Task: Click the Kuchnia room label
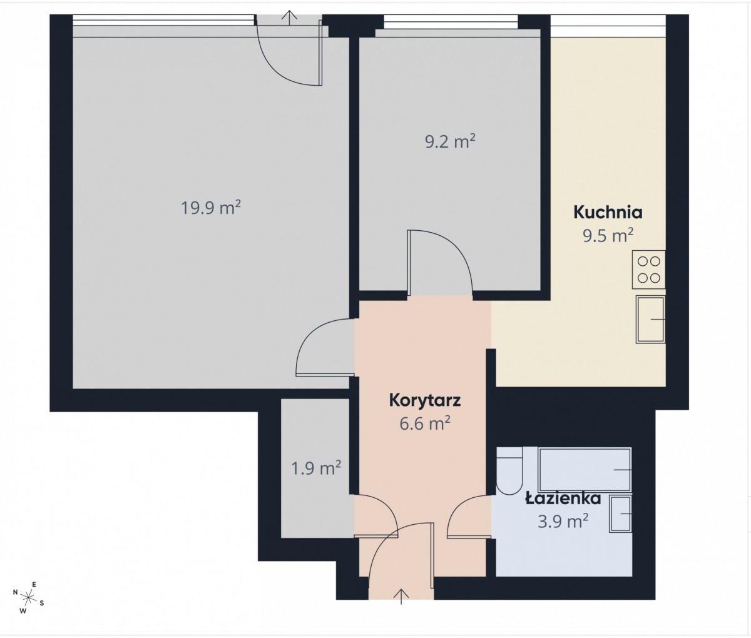(608, 213)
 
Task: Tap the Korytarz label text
(425, 400)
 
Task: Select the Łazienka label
(563, 499)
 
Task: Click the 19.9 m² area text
(211, 208)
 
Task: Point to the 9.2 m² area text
(450, 141)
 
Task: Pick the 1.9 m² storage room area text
(316, 468)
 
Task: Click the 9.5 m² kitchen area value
(608, 236)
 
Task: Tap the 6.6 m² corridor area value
(425, 423)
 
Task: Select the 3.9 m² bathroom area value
(563, 522)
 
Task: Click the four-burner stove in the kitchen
(648, 270)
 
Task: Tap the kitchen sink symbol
(650, 320)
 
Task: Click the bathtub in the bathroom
(585, 470)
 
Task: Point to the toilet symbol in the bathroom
(509, 471)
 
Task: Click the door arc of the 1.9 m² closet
(387, 507)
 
